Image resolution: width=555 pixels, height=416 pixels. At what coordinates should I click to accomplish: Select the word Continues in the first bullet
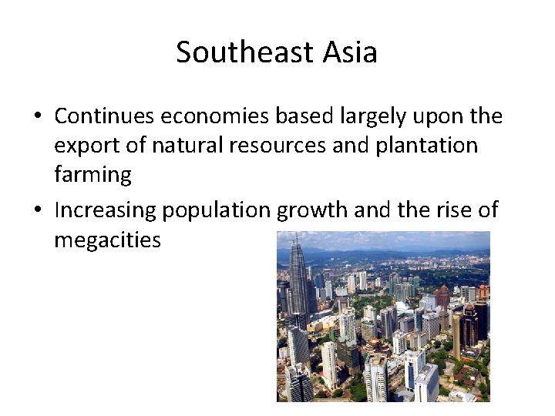(103, 116)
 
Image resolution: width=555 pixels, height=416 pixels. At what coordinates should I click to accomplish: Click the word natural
(176, 146)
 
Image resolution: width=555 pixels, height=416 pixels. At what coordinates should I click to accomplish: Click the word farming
(92, 175)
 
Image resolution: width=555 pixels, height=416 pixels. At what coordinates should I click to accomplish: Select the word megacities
(107, 240)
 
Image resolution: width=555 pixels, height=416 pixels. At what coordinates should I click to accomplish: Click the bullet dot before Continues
(37, 117)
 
